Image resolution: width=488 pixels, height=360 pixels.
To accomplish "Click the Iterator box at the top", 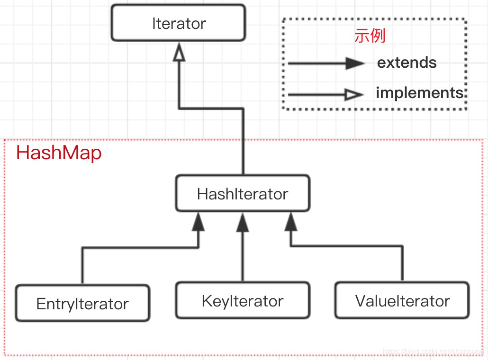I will click(x=179, y=23).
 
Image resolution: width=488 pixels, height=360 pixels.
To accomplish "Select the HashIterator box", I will click(x=243, y=193).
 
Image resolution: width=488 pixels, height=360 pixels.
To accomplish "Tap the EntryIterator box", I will click(x=82, y=304).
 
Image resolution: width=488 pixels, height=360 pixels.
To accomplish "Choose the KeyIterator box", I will click(x=243, y=301).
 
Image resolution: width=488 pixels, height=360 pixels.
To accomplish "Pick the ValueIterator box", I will click(x=402, y=301).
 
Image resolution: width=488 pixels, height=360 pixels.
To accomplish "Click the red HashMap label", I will click(x=59, y=153).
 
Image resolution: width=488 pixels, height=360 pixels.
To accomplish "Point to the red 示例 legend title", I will click(x=370, y=36).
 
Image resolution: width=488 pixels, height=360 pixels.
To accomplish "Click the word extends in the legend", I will click(x=407, y=63).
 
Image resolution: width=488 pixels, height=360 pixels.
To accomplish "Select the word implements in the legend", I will click(x=419, y=93).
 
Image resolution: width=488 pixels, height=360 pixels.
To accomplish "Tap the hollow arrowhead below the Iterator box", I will click(x=179, y=54).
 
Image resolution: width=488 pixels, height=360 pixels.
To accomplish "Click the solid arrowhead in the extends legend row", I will click(x=355, y=63).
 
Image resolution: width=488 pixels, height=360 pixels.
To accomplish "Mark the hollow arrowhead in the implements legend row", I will click(x=354, y=95).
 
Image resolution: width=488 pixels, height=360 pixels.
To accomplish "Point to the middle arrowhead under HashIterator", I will click(x=243, y=222).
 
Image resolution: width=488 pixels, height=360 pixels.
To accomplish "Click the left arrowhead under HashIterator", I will click(x=199, y=222).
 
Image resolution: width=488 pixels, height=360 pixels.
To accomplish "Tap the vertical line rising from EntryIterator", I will click(x=82, y=268).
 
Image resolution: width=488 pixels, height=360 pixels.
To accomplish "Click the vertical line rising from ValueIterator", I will click(x=403, y=265).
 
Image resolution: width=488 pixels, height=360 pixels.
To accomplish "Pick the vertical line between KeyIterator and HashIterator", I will click(x=243, y=256).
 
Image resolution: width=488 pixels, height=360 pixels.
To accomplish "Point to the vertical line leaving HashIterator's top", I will click(x=243, y=142).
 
